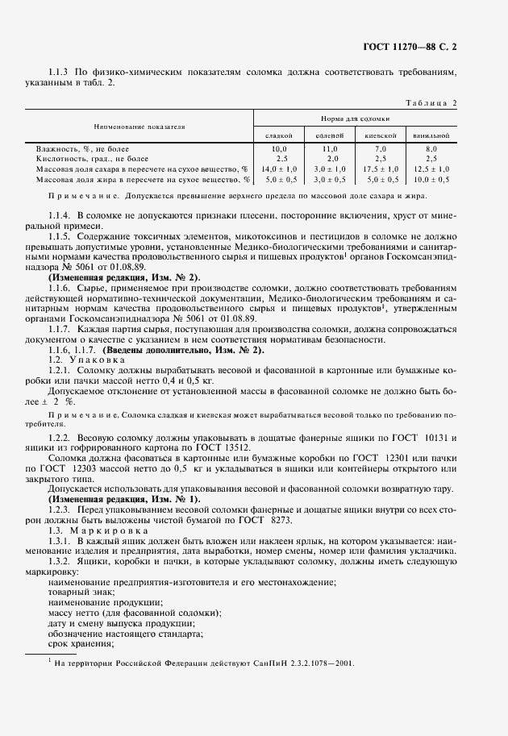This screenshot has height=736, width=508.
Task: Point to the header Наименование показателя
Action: tap(139, 127)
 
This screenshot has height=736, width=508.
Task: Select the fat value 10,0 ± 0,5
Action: tap(431, 179)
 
